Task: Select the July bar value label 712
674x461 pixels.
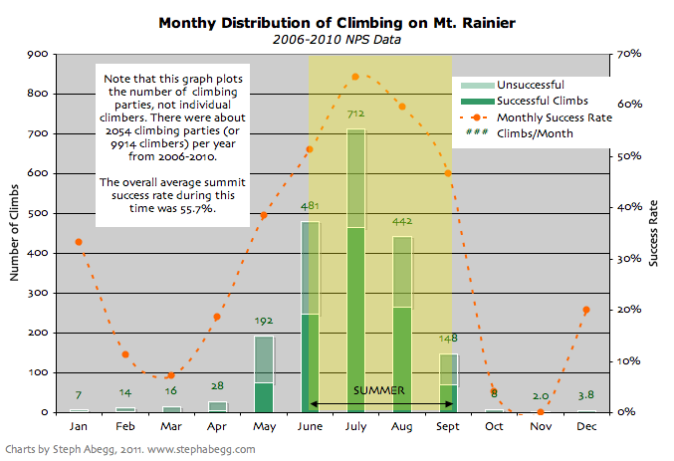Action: pos(355,115)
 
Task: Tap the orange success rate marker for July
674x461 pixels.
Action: pos(355,76)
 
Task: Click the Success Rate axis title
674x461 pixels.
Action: pos(654,233)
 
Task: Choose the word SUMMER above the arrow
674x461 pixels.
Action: pos(378,390)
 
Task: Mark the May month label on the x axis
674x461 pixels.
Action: pos(264,425)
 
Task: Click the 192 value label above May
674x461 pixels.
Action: pos(264,322)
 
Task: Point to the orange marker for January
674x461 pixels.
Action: pos(79,242)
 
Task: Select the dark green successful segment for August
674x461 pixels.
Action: pos(402,358)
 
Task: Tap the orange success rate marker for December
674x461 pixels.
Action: pos(585,310)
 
